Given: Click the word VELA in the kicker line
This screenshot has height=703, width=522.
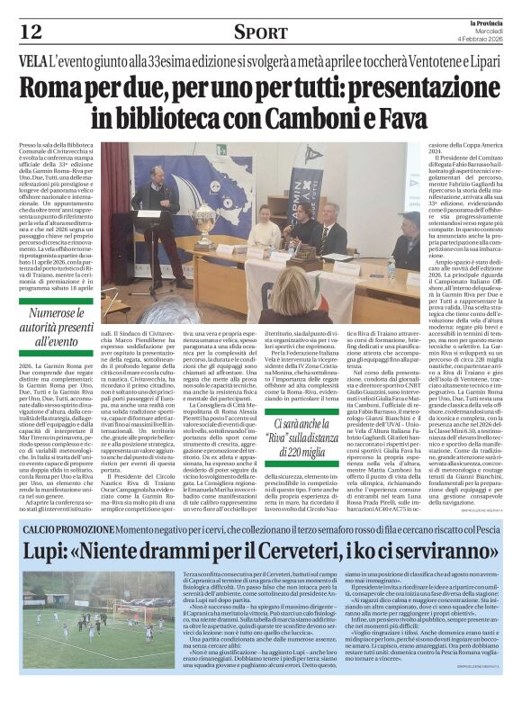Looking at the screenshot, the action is [x=38, y=61].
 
